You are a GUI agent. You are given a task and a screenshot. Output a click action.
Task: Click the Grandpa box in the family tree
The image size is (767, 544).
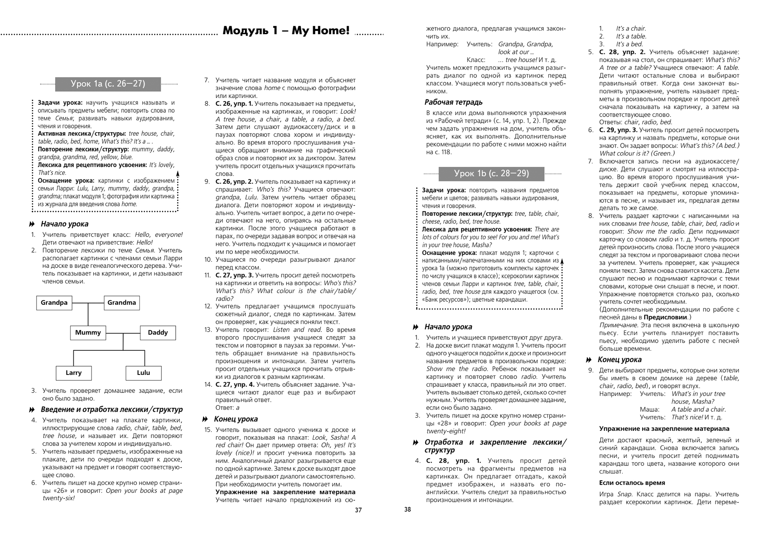click(54, 303)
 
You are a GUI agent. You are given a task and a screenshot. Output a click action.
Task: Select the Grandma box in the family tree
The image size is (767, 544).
click(122, 303)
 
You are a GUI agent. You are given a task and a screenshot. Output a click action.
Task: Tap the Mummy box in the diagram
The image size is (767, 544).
click(88, 333)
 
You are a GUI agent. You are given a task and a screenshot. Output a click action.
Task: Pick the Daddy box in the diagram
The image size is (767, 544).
click(158, 333)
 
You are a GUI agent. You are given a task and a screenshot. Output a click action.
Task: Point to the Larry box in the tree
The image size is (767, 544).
click(73, 373)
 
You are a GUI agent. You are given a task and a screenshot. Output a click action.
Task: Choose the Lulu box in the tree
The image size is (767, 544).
click(143, 373)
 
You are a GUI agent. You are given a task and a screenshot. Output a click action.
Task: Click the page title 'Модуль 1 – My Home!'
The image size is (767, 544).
click(286, 31)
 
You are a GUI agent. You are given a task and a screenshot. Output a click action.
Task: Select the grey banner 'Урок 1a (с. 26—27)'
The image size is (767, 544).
click(108, 84)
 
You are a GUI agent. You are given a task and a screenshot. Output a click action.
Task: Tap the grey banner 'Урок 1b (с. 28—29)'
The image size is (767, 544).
click(491, 173)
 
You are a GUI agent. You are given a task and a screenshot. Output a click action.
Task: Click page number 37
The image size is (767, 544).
click(358, 510)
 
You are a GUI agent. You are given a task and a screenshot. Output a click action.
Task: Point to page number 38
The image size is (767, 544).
click(407, 509)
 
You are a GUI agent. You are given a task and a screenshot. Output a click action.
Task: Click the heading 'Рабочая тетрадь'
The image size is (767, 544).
click(453, 102)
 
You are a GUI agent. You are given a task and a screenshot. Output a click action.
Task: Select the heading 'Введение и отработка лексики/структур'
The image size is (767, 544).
click(112, 409)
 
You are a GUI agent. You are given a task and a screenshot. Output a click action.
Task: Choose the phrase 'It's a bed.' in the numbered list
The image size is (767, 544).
click(629, 44)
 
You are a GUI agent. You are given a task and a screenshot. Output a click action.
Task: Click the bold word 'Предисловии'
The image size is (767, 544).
click(665, 317)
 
